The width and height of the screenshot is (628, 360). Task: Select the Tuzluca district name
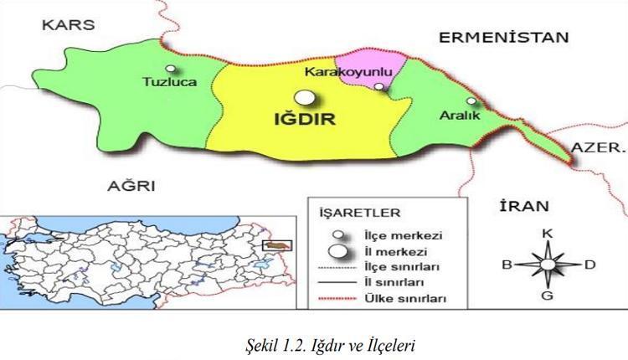pos(170,82)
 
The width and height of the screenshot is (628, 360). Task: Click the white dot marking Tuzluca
pos(171,69)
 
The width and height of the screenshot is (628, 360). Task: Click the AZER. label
pos(598,148)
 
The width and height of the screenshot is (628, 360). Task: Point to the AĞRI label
pos(126,184)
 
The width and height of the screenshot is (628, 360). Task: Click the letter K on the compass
pos(547,231)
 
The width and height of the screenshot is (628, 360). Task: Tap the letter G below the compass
pos(547,295)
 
